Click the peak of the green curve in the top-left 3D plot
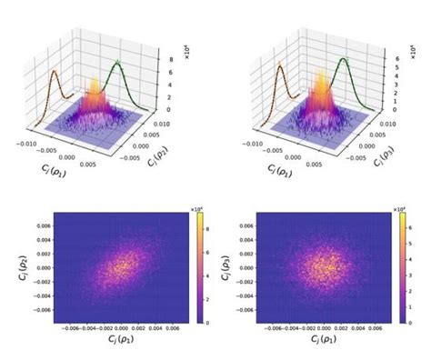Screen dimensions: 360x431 pyautogui.click(x=116, y=63)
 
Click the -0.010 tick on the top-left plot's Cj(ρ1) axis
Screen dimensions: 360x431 pyautogui.click(x=25, y=142)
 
